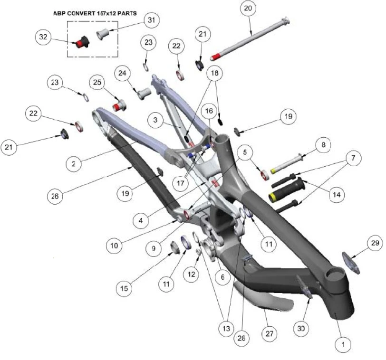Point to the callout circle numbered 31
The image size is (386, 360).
[x=151, y=21]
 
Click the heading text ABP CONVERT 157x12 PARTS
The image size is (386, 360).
[x=95, y=14]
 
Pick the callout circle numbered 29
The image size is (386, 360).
[x=374, y=244]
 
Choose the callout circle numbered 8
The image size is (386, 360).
[x=323, y=144]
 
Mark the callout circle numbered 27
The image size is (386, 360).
[x=270, y=333]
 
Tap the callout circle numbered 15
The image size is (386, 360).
[x=124, y=288]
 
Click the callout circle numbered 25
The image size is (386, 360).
[x=97, y=83]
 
